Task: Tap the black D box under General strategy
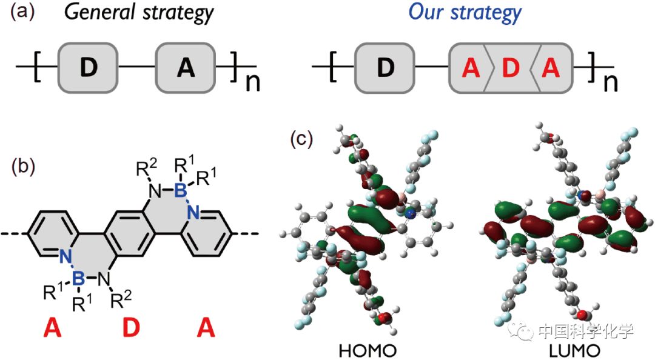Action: [88, 68]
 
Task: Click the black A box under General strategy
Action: [186, 68]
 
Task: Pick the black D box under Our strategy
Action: [385, 68]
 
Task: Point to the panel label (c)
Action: [301, 140]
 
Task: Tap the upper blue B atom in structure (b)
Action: [179, 192]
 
